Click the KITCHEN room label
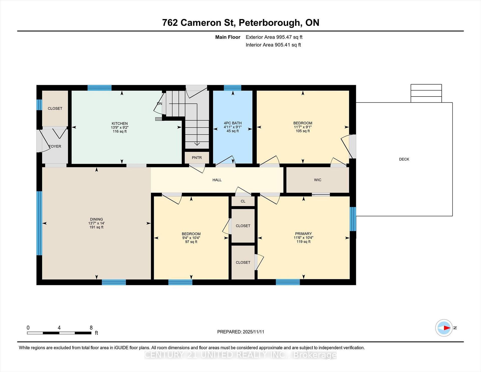click(119, 123)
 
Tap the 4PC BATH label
click(232, 123)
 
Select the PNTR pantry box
click(197, 158)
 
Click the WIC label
click(317, 180)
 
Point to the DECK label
click(404, 159)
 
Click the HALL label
click(217, 180)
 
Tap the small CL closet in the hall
click(243, 201)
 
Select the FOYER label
click(55, 146)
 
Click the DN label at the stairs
click(159, 104)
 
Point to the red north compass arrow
click(447, 328)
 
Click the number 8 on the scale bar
click(91, 328)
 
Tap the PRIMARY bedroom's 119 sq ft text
click(303, 242)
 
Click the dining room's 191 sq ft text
click(96, 227)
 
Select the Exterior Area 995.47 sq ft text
click(274, 37)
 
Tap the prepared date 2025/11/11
click(253, 332)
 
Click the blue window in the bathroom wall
click(232, 88)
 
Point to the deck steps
click(426, 94)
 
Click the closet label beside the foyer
click(55, 109)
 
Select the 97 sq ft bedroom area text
click(191, 242)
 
